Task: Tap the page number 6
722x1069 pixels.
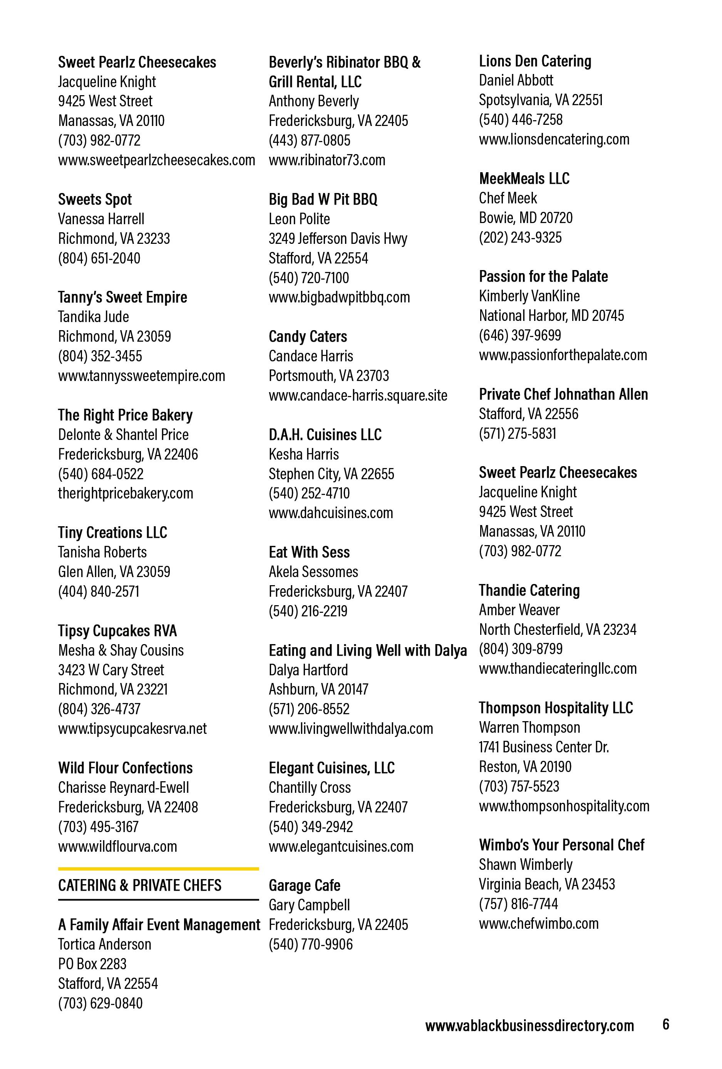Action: pyautogui.click(x=665, y=1024)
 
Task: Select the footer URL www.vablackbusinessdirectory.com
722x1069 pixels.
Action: pyautogui.click(x=529, y=1026)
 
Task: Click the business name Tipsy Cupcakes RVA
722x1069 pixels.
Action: pyautogui.click(x=117, y=631)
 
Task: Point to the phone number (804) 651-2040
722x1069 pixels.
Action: pyautogui.click(x=99, y=258)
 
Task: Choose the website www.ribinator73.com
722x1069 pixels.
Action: pyautogui.click(x=327, y=160)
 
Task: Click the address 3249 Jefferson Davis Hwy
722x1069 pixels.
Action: pyautogui.click(x=338, y=239)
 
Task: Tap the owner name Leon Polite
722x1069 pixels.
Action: pyautogui.click(x=299, y=219)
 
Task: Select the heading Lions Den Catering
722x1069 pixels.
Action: pyautogui.click(x=535, y=61)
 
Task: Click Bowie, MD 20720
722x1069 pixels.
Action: pyautogui.click(x=526, y=218)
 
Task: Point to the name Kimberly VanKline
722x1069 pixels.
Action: pyautogui.click(x=529, y=296)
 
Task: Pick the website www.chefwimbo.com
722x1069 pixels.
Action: pyautogui.click(x=538, y=923)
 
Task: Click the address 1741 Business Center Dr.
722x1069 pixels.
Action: pyautogui.click(x=544, y=747)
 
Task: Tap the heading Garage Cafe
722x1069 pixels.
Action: pyautogui.click(x=305, y=886)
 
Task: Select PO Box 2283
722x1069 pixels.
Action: pyautogui.click(x=92, y=964)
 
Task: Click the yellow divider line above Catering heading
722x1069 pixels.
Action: pyautogui.click(x=158, y=869)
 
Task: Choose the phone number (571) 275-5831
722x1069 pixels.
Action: pyautogui.click(x=518, y=433)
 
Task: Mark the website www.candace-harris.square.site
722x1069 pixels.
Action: pyautogui.click(x=358, y=395)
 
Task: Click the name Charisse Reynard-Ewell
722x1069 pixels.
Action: pyautogui.click(x=123, y=787)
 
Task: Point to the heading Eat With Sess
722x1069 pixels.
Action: pyautogui.click(x=309, y=552)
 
